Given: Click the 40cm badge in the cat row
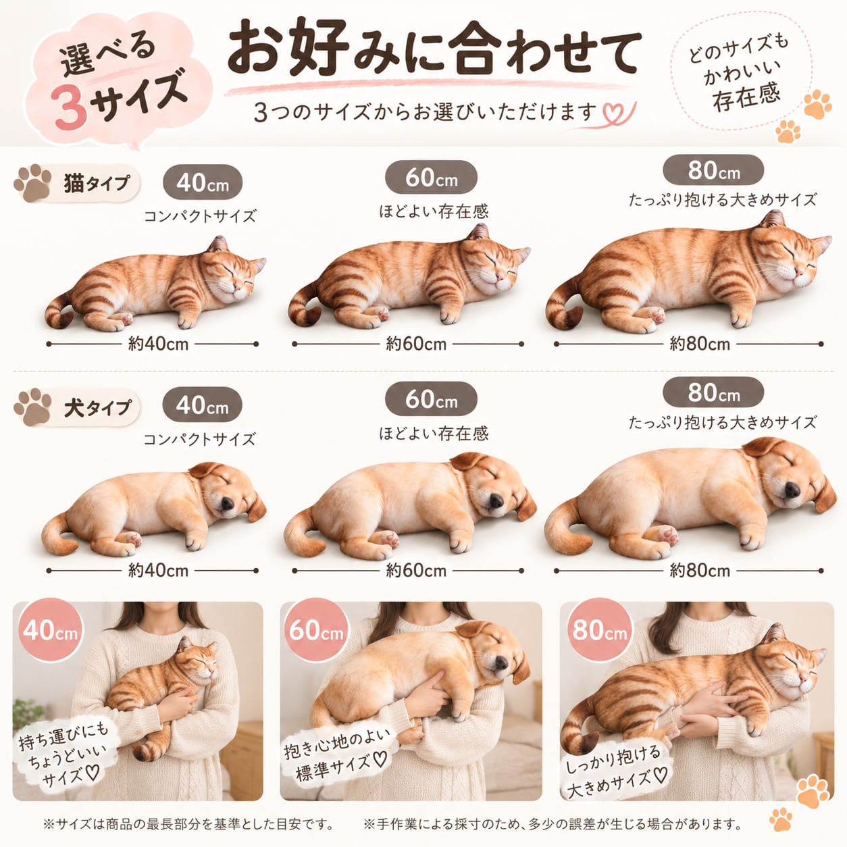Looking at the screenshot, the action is coord(203,182).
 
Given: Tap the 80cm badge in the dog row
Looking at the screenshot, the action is coord(713,392).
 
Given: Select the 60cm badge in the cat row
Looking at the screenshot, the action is coord(431,177).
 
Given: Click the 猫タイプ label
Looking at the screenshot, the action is coord(97,183).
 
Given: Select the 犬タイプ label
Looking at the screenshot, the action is coord(97,407).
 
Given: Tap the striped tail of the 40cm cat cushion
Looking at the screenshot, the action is coord(58,310).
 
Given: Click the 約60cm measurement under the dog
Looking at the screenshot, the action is coord(416,571).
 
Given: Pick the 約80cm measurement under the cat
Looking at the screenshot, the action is coord(700,344).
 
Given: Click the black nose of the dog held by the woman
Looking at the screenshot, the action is coord(501,663).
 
